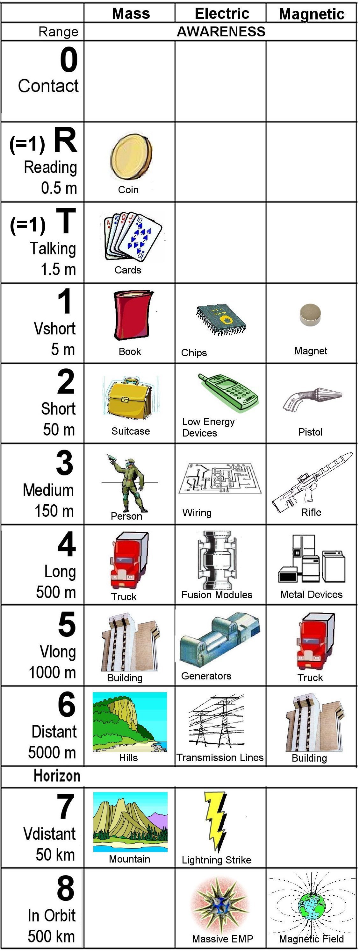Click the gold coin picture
[131, 156]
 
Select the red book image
[132, 315]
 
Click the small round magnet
[310, 315]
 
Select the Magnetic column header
[312, 14]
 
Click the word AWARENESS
[221, 32]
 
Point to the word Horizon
[57, 775]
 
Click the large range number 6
[67, 704]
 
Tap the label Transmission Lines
[220, 757]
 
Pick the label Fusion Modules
[217, 595]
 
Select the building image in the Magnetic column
[314, 722]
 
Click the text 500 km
[51, 936]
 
